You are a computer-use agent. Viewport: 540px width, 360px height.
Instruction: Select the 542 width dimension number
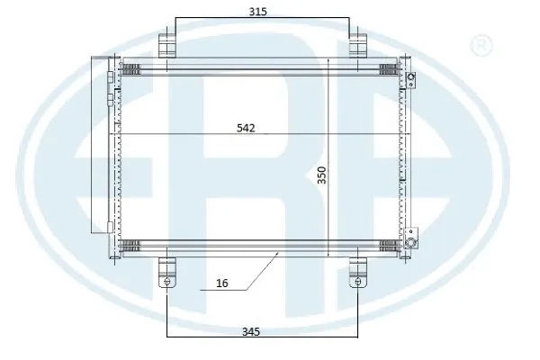(246, 128)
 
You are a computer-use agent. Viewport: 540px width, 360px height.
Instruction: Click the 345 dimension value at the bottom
(251, 332)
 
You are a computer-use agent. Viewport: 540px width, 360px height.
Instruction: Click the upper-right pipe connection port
(410, 79)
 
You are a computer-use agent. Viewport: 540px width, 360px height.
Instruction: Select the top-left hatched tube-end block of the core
(133, 67)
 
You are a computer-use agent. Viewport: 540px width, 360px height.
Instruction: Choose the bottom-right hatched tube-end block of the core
(389, 243)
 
